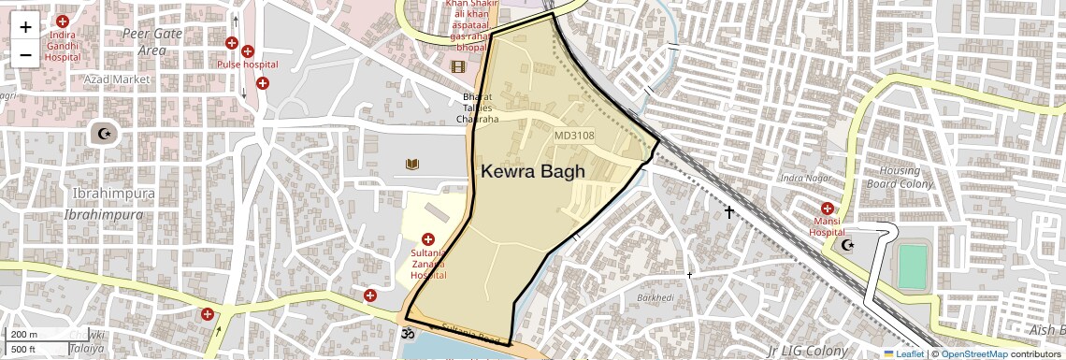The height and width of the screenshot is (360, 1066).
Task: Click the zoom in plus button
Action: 25,27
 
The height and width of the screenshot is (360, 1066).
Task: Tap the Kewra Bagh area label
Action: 532,171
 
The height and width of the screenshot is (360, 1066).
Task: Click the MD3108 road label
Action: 574,136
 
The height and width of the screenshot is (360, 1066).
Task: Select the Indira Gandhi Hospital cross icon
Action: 63,22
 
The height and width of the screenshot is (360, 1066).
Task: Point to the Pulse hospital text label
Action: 248,65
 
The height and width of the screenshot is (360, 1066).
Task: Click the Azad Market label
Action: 117,79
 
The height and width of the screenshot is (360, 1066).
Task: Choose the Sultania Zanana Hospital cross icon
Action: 428,239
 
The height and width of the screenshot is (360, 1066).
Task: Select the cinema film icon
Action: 457,66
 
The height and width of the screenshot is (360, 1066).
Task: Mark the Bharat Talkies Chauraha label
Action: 477,108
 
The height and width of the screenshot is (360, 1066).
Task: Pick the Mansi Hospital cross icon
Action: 828,209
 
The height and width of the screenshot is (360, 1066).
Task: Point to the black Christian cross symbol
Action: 729,212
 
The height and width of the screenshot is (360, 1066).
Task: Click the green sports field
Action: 913,266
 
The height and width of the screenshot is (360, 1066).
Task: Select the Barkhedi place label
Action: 655,297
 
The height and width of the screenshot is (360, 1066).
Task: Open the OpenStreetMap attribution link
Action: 973,353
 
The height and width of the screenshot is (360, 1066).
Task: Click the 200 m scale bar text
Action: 24,335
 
